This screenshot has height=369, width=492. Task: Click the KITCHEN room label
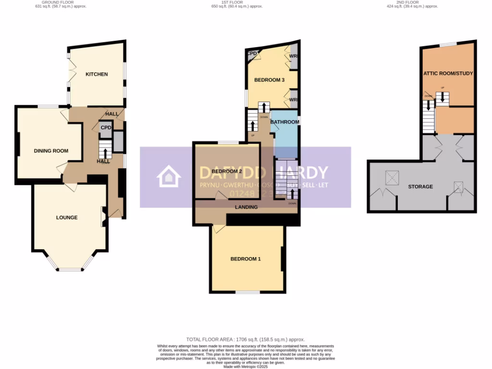click(x=97, y=74)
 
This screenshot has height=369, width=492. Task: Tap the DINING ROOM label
click(x=51, y=151)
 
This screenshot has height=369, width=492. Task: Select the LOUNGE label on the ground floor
click(x=67, y=218)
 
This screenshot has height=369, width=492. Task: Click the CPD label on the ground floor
click(x=106, y=128)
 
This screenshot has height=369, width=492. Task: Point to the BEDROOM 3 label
click(x=270, y=80)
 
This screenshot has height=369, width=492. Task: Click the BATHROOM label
click(x=285, y=122)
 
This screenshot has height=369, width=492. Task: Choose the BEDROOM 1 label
click(x=246, y=259)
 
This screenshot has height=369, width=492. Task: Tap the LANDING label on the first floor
click(x=246, y=207)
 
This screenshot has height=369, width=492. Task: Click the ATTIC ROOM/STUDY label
click(x=448, y=74)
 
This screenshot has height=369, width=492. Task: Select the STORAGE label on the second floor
click(x=420, y=186)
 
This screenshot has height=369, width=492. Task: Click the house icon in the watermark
click(x=169, y=177)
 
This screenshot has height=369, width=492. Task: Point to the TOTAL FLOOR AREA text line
click(x=246, y=340)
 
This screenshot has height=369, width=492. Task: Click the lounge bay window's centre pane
click(x=70, y=270)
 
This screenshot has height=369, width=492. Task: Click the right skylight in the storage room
click(x=459, y=186)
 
